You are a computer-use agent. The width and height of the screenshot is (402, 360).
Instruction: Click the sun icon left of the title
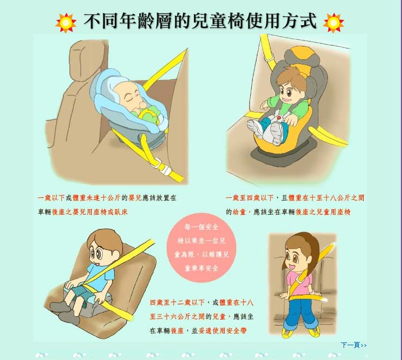[x=66, y=23]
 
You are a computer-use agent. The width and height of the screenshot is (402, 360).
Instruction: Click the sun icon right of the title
[x=333, y=23]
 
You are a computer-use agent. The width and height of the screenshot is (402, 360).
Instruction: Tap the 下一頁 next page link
[x=353, y=345]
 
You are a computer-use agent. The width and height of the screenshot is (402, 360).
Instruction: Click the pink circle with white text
[x=201, y=247]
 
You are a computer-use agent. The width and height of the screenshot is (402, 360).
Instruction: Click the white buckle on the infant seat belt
[x=161, y=167]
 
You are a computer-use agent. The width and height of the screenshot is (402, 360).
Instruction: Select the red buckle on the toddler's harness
[x=279, y=118]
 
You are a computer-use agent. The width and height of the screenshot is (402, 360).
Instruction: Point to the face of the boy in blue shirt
[x=101, y=252]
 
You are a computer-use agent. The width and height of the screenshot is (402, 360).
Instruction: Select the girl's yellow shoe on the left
[x=287, y=333]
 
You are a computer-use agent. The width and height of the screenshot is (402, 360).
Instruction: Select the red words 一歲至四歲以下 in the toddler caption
[x=250, y=198]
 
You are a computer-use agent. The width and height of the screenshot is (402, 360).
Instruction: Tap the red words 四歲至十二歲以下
[x=177, y=303]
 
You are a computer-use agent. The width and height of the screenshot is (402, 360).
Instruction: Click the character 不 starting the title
[x=92, y=21]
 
